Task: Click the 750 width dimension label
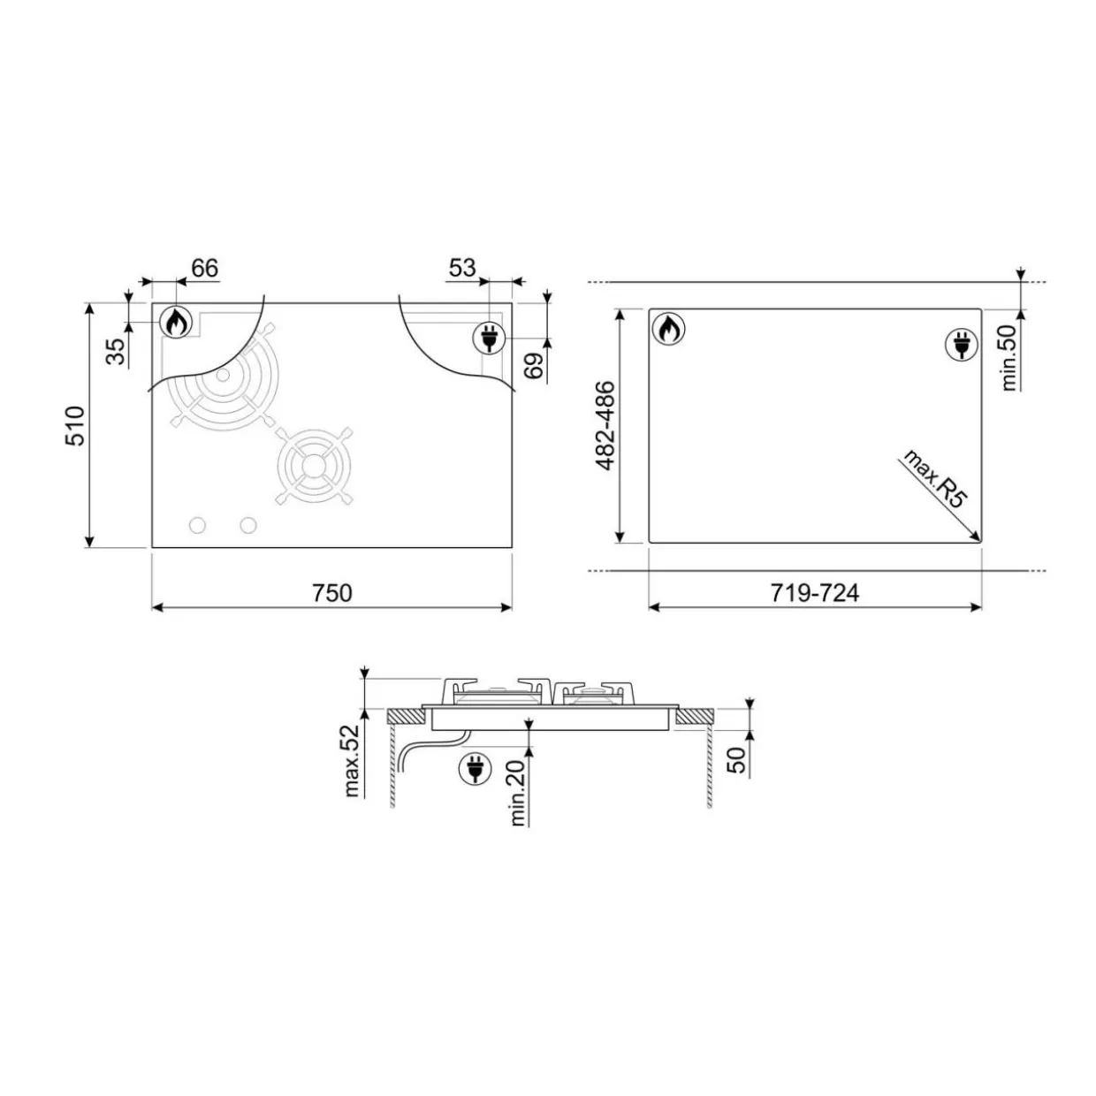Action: point(332,593)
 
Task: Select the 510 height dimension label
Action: point(75,425)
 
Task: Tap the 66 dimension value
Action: point(205,268)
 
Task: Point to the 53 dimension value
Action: point(462,267)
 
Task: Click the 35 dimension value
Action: point(117,352)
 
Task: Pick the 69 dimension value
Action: point(534,365)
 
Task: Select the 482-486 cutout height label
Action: point(605,426)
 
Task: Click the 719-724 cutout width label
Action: point(814,593)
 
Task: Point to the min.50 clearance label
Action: point(1009,358)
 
